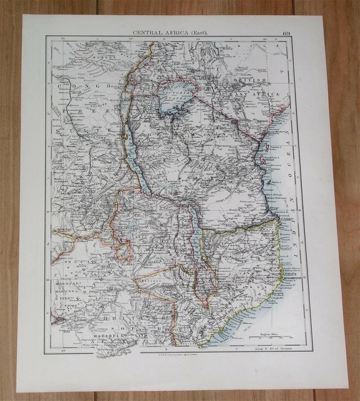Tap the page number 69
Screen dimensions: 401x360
[286, 33]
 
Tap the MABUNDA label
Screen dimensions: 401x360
[66, 291]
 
